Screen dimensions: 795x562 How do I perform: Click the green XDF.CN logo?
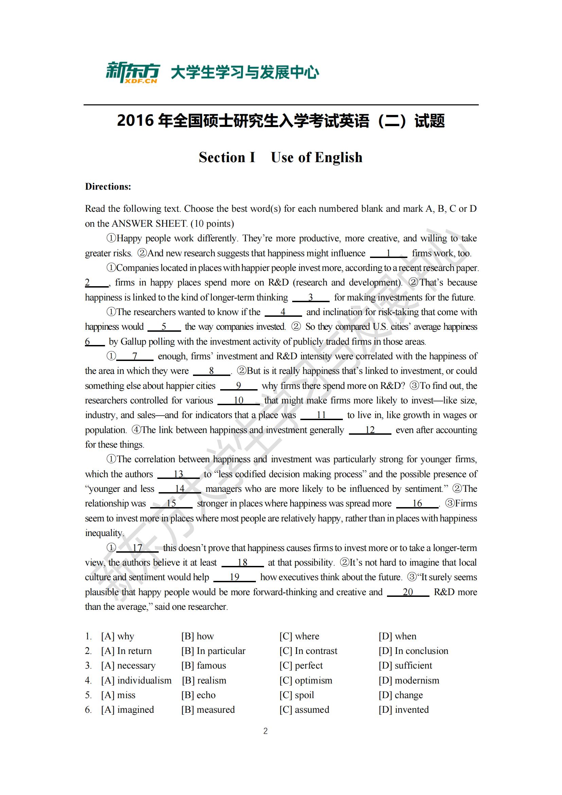(133, 73)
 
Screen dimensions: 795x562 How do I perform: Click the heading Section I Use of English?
(281, 158)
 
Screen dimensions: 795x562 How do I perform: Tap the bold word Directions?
(108, 187)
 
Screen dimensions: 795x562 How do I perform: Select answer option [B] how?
(198, 636)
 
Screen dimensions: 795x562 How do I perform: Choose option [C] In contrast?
(308, 651)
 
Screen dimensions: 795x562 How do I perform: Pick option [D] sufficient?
(405, 666)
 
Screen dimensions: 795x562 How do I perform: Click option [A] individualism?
(136, 680)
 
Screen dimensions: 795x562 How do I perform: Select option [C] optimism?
(306, 680)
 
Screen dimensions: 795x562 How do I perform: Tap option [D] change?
(401, 695)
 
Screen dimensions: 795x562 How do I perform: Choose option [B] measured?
(208, 709)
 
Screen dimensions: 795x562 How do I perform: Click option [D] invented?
(404, 709)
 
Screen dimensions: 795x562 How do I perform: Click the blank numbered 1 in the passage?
(388, 254)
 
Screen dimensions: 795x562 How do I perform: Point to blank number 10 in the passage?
(239, 401)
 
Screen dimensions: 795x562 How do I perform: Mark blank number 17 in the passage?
(137, 548)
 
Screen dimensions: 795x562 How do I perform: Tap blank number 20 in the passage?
(408, 592)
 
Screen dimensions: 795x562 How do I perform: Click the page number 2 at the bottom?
(265, 731)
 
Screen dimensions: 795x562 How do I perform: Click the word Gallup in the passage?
(133, 342)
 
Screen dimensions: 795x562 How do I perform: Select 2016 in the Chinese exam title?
(135, 121)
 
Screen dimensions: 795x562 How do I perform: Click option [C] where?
(299, 636)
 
